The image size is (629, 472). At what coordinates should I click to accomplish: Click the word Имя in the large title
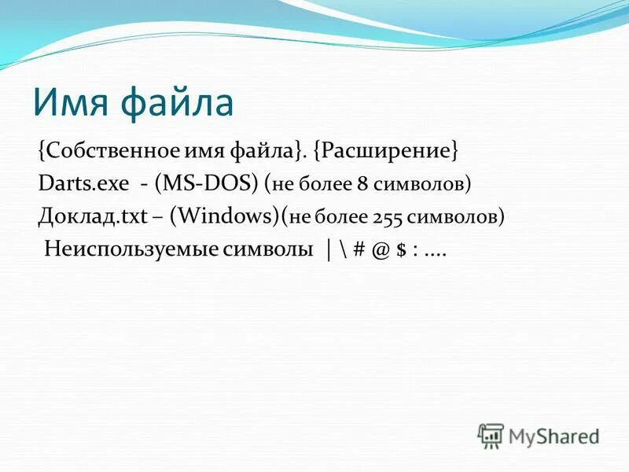(x=72, y=104)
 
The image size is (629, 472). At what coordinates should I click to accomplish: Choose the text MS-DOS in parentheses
(x=208, y=184)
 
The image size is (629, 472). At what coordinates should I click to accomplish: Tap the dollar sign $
(x=401, y=250)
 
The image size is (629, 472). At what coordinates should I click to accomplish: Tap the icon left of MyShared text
(x=491, y=435)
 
